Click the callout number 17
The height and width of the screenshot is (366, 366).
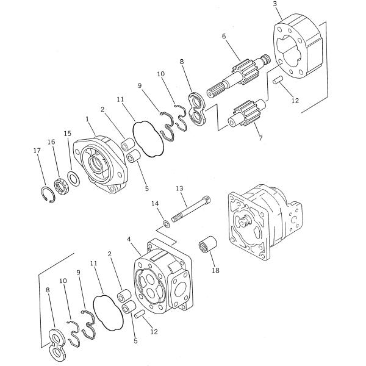pyautogui.click(x=37, y=151)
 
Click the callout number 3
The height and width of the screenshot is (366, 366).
pyautogui.click(x=275, y=4)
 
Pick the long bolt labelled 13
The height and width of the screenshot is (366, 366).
pyautogui.click(x=191, y=209)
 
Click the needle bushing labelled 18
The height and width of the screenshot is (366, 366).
pyautogui.click(x=207, y=248)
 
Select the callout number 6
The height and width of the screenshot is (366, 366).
pyautogui.click(x=224, y=36)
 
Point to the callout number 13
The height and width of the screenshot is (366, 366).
pyautogui.click(x=179, y=188)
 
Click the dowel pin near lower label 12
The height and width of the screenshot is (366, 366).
pyautogui.click(x=140, y=314)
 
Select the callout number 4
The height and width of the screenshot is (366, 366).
pyautogui.click(x=129, y=239)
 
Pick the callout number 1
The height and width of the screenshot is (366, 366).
pyautogui.click(x=87, y=120)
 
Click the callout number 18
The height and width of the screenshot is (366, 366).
pyautogui.click(x=216, y=270)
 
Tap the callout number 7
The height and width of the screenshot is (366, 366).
pyautogui.click(x=260, y=138)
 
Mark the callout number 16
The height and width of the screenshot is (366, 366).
pyautogui.click(x=51, y=142)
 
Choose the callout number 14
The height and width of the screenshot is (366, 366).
pyautogui.click(x=155, y=204)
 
